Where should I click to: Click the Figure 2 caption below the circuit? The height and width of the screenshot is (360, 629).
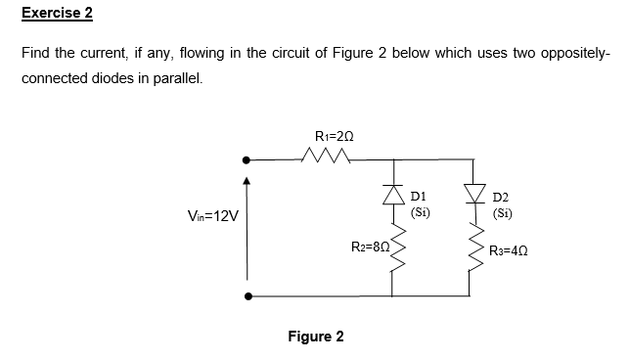315,337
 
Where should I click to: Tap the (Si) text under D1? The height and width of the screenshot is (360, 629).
420,212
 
